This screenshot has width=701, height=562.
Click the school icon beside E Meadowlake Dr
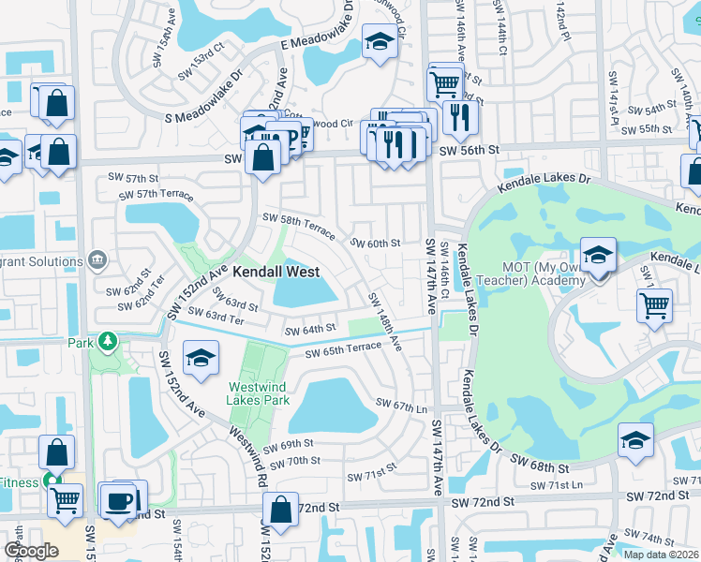tap(379, 42)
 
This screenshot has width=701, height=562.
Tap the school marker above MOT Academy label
tap(597, 254)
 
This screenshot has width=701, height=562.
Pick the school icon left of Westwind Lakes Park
tap(200, 359)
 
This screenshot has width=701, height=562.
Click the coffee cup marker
tap(118, 500)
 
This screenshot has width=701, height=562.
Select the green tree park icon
tap(109, 343)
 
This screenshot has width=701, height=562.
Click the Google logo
tap(31, 551)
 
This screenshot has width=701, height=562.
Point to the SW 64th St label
tap(310, 330)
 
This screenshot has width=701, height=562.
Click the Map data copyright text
tap(661, 555)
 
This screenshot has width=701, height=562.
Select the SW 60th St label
tap(375, 244)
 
